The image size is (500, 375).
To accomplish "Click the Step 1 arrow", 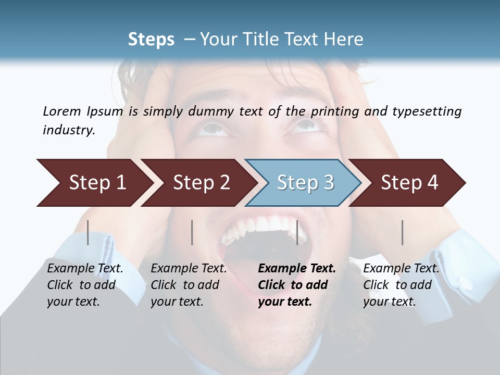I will pyautogui.click(x=94, y=183).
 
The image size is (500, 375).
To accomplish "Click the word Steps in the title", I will pyautogui.click(x=151, y=39).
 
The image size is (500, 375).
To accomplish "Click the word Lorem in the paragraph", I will pyautogui.click(x=61, y=111).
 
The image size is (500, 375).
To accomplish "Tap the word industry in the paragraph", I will pyautogui.click(x=68, y=130).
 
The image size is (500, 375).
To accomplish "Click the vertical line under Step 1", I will pyautogui.click(x=88, y=232).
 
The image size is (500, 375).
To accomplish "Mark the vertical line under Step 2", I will pyautogui.click(x=192, y=232).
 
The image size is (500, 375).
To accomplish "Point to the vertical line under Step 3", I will pyautogui.click(x=297, y=232).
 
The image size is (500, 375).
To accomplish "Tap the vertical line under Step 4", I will pyautogui.click(x=403, y=232).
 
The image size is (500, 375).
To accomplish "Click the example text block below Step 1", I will pyautogui.click(x=84, y=285).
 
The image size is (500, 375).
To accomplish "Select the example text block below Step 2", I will pyautogui.click(x=188, y=285).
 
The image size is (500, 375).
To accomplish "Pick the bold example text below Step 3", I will pyautogui.click(x=296, y=285).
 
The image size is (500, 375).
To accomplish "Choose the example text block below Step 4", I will pyautogui.click(x=401, y=285).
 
